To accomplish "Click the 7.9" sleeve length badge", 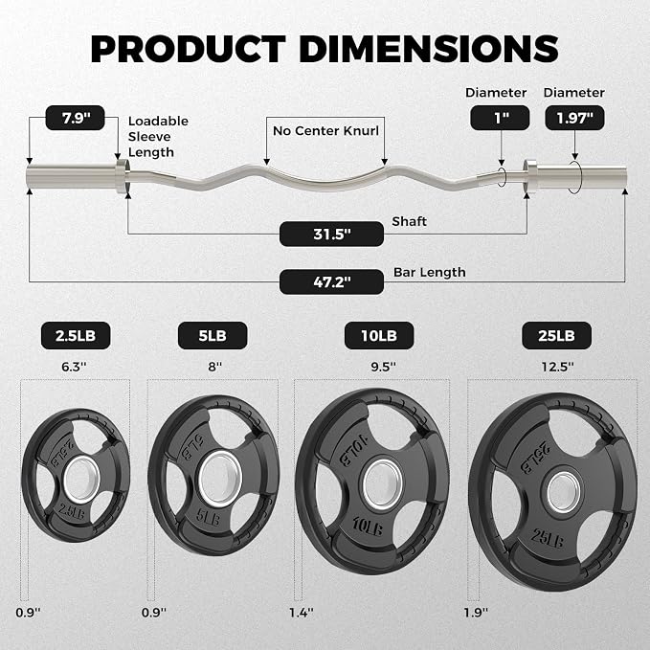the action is [75, 118].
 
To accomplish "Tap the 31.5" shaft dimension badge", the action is [331, 234].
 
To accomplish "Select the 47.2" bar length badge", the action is [331, 281].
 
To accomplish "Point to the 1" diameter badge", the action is [500, 118].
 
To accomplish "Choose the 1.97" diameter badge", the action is [574, 118].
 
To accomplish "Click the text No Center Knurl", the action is [325, 131].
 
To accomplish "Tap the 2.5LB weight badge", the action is [76, 335].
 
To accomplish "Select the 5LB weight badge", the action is [213, 335].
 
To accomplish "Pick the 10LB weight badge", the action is [379, 335].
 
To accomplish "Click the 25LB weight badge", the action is [557, 335].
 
